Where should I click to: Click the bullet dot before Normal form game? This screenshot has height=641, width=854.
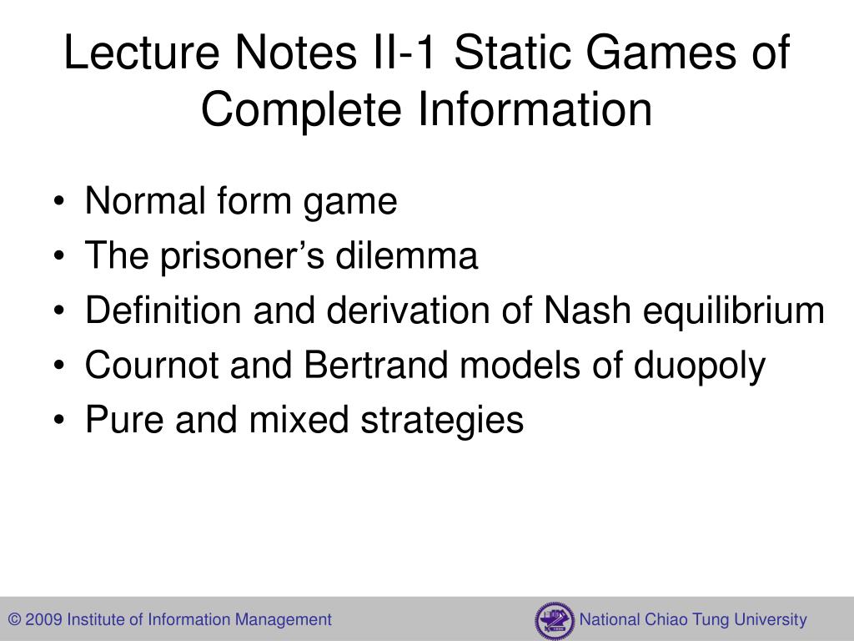coord(64,203)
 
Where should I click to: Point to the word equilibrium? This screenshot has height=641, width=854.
coord(733,311)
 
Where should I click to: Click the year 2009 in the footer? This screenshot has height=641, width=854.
coord(44,620)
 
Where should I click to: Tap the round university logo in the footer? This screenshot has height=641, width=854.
coord(555,620)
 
